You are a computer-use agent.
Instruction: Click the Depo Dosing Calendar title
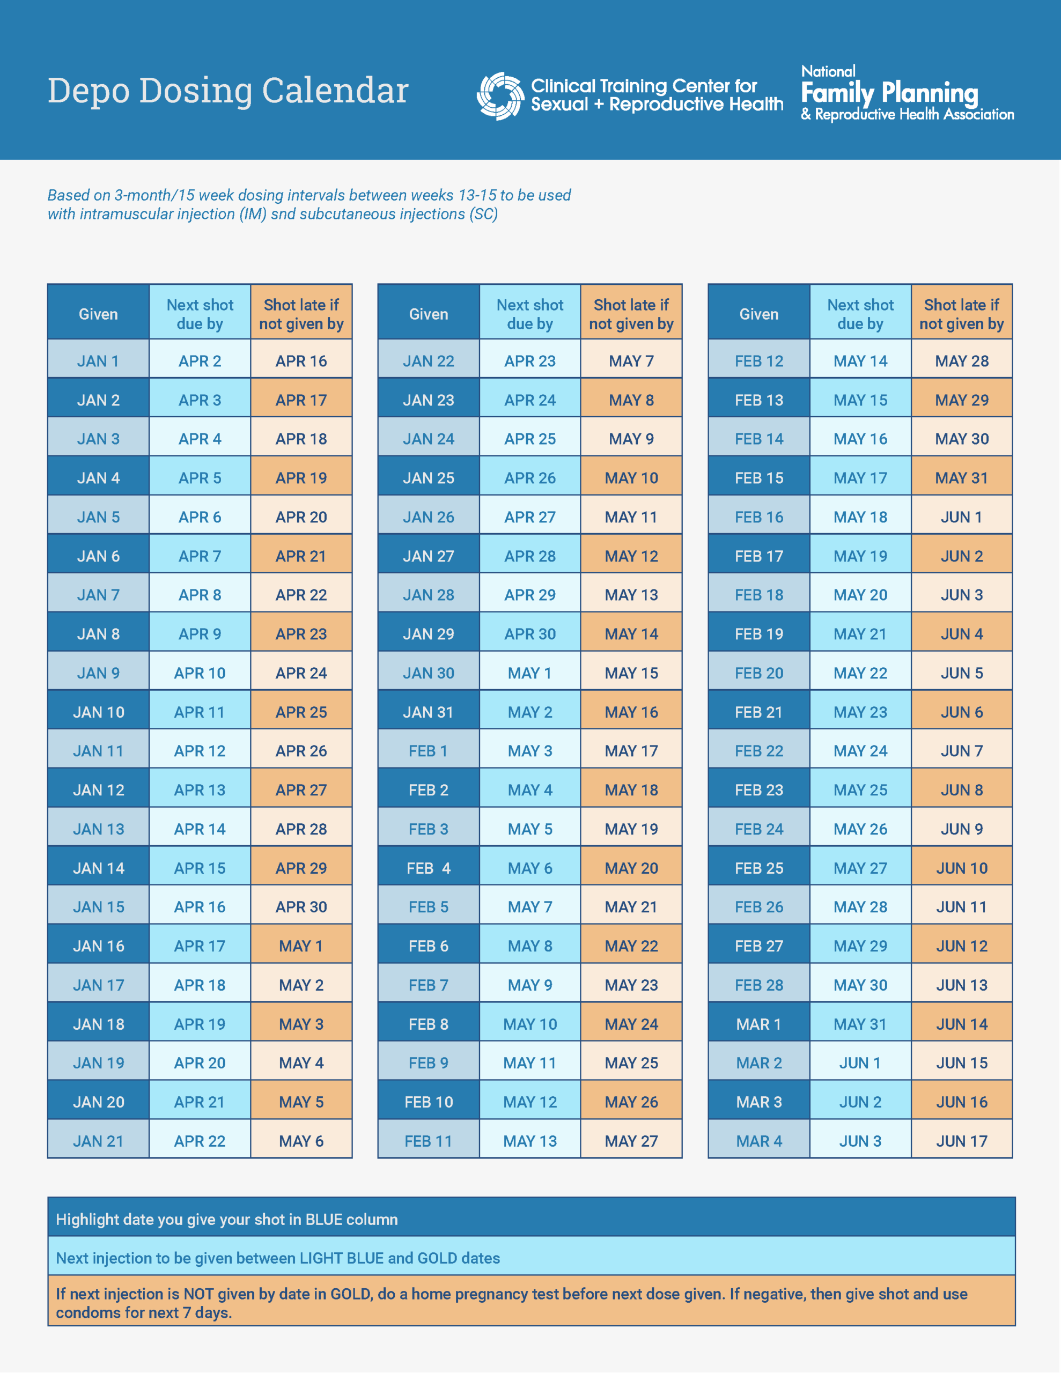pyautogui.click(x=227, y=91)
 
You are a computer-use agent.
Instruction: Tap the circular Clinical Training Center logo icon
pyautogui.click(x=500, y=96)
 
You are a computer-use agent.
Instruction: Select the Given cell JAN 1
pyautogui.click(x=98, y=361)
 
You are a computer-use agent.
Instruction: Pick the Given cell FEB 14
pyautogui.click(x=758, y=439)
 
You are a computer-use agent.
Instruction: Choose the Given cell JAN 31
pyautogui.click(x=428, y=712)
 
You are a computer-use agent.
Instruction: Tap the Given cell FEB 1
pyautogui.click(x=428, y=751)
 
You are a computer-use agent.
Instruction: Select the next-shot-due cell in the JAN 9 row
pyautogui.click(x=200, y=673)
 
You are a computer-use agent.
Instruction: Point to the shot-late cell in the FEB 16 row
pyautogui.click(x=961, y=517)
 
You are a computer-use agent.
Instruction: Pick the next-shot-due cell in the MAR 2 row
pyautogui.click(x=860, y=1062)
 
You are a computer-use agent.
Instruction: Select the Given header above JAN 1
pyautogui.click(x=98, y=314)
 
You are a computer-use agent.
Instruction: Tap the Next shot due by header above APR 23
pyautogui.click(x=529, y=314)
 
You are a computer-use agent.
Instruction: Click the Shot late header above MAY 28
pyautogui.click(x=961, y=314)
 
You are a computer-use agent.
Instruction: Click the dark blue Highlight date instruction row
pyautogui.click(x=531, y=1219)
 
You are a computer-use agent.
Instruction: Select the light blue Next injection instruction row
pyautogui.click(x=531, y=1257)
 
